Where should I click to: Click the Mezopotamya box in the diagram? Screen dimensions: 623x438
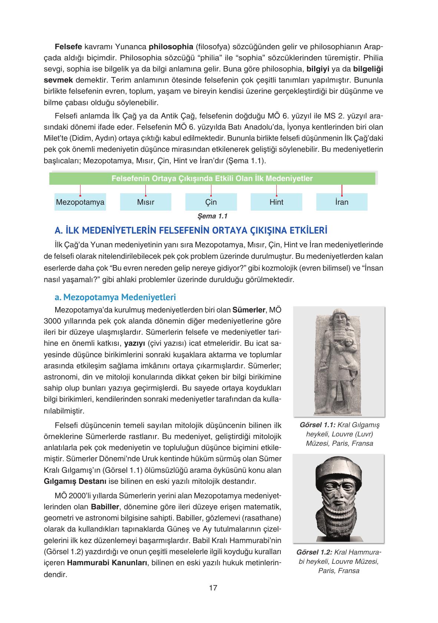80,202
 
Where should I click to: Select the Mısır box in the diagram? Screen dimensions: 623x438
145,202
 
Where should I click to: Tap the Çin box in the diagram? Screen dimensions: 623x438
211,202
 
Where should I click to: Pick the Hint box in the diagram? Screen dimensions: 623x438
276,202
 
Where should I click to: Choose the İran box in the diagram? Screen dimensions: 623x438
342,202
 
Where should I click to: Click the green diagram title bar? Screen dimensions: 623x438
212,178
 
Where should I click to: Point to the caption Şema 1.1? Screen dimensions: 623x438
213,216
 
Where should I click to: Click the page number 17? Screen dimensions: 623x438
213,587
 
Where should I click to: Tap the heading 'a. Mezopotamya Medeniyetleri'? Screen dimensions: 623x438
115,297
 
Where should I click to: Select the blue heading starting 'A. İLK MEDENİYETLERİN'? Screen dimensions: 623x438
191,231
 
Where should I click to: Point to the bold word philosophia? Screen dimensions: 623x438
171,47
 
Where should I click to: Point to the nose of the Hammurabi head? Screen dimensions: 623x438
338,495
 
